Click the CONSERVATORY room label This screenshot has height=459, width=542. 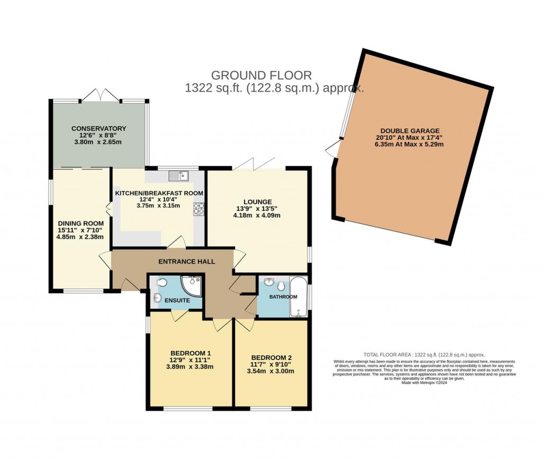click(x=99, y=128)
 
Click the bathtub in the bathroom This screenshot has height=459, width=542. click(x=299, y=296)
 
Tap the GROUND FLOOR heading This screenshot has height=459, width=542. click(x=261, y=75)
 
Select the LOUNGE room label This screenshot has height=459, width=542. click(x=257, y=202)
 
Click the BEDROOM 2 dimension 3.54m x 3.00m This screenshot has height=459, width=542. click(x=271, y=371)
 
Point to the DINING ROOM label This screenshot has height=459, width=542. click(x=80, y=223)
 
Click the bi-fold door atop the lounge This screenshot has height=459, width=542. click(x=255, y=163)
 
